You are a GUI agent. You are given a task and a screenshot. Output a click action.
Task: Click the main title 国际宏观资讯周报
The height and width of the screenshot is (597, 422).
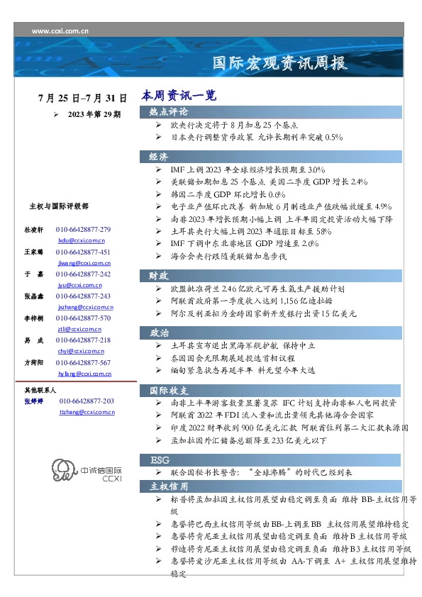pyautogui.click(x=280, y=63)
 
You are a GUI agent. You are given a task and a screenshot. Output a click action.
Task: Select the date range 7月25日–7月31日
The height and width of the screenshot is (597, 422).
pyautogui.click(x=83, y=97)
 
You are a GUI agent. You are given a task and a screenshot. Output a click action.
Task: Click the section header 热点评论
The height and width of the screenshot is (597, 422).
pyautogui.click(x=168, y=112)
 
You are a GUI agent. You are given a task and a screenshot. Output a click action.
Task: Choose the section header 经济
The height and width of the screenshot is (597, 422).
pyautogui.click(x=158, y=157)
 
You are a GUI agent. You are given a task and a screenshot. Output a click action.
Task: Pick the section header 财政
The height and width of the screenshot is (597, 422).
pyautogui.click(x=158, y=275)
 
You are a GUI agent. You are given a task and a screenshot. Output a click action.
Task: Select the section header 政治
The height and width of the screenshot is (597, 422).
pyautogui.click(x=158, y=332)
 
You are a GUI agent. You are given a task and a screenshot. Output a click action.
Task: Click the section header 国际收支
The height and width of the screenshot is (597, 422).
pyautogui.click(x=168, y=390)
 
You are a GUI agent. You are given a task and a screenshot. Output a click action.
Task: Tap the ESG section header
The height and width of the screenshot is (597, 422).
pyautogui.click(x=159, y=459)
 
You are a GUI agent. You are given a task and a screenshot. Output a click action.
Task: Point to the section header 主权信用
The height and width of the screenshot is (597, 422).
pyautogui.click(x=168, y=486)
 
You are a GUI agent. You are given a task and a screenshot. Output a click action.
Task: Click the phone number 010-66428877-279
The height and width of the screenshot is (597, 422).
pyautogui.click(x=83, y=230)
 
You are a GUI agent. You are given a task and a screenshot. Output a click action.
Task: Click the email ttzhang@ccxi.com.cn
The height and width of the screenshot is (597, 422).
pyautogui.click(x=86, y=411)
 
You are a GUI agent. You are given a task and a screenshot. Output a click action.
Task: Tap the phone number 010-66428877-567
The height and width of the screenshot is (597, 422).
pyautogui.click(x=83, y=363)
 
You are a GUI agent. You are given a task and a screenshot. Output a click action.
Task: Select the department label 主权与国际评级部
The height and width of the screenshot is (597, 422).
pyautogui.click(x=59, y=206)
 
